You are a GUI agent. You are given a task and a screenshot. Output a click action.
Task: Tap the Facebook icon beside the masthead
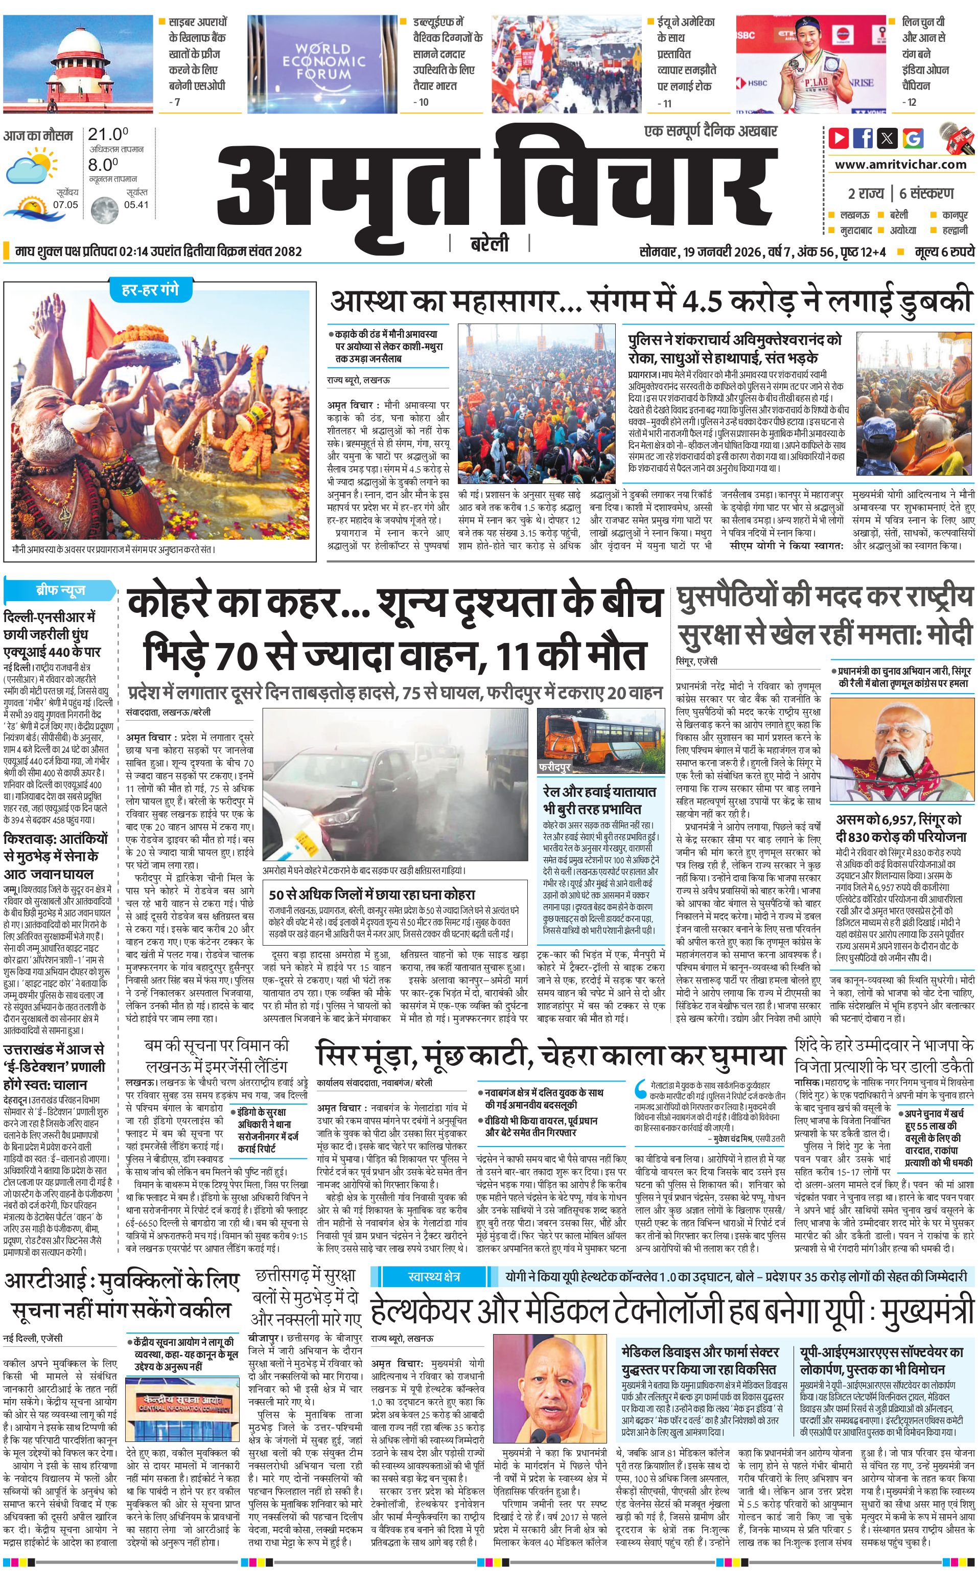(863, 138)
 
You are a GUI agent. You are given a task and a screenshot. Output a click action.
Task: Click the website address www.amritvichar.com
(900, 165)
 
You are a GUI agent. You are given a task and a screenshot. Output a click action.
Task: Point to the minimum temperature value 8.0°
(104, 165)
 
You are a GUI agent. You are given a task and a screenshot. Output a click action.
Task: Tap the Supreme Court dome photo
(78, 63)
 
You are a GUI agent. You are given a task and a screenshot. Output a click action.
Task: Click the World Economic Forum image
(322, 63)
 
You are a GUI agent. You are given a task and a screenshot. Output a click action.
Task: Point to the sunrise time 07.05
(65, 205)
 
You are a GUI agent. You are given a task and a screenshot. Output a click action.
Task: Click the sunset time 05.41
(136, 205)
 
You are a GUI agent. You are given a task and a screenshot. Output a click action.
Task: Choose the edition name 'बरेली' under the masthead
(489, 244)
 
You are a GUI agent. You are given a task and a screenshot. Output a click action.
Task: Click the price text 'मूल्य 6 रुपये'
(944, 251)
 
